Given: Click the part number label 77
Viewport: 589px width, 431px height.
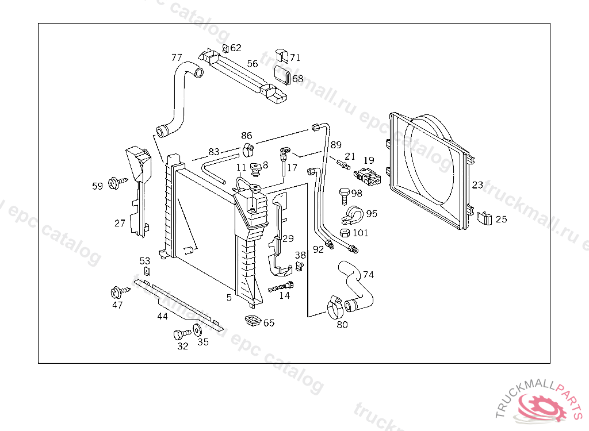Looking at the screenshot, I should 177,57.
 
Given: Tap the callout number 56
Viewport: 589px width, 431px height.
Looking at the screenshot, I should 253,64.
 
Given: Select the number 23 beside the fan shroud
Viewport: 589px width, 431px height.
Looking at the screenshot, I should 477,185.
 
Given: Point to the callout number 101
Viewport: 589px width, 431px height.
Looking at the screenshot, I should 360,233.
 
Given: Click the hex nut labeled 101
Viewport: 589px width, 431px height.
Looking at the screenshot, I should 345,233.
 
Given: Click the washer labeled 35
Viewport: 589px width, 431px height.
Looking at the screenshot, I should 197,330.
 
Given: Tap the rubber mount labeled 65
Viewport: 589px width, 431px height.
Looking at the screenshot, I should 253,321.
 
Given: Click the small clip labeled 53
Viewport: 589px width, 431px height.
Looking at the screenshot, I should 146,272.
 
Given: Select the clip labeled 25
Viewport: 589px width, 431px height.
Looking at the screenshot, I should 485,218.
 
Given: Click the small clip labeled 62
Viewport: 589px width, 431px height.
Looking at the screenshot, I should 225,48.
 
